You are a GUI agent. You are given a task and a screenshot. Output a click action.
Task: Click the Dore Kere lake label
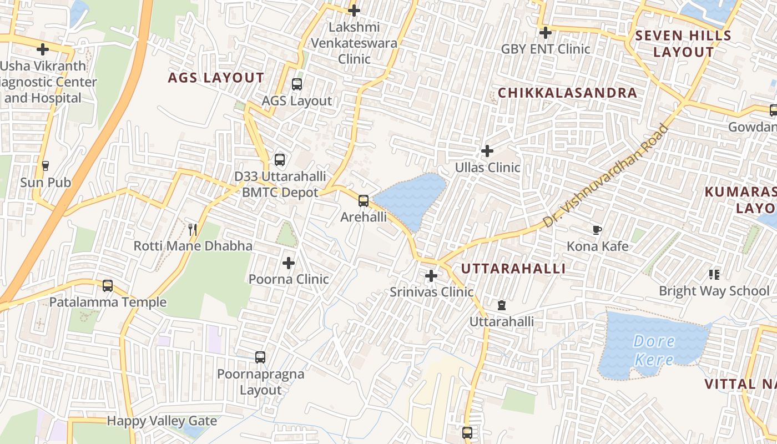click(654, 350)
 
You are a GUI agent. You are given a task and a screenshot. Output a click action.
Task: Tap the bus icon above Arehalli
click(364, 200)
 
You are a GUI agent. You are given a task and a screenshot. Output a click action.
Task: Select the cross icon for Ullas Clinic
click(487, 150)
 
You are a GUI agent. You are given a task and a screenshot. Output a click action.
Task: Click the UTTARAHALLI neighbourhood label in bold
click(513, 269)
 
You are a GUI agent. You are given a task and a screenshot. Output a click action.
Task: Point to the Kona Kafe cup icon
click(597, 230)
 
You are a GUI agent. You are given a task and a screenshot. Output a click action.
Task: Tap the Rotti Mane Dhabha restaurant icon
click(193, 229)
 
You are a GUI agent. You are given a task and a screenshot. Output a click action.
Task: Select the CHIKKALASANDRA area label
click(567, 93)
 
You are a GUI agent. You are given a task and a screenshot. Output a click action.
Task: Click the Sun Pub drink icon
click(46, 165)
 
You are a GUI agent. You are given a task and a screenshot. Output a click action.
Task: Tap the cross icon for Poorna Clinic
click(289, 263)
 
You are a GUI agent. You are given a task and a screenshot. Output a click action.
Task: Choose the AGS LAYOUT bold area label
click(216, 78)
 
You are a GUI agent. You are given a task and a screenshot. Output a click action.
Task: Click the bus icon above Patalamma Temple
click(108, 286)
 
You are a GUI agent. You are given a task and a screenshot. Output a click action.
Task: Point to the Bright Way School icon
click(714, 274)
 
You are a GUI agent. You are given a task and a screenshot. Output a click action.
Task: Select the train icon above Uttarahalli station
click(502, 305)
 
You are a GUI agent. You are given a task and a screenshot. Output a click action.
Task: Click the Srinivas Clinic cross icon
click(431, 275)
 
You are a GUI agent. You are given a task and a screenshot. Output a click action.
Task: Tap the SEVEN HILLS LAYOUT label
click(683, 44)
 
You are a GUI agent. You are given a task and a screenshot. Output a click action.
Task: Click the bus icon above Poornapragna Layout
click(260, 357)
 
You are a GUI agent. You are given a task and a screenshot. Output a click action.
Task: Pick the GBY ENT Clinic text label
click(546, 49)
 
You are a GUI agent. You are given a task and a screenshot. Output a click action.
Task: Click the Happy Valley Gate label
click(162, 421)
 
